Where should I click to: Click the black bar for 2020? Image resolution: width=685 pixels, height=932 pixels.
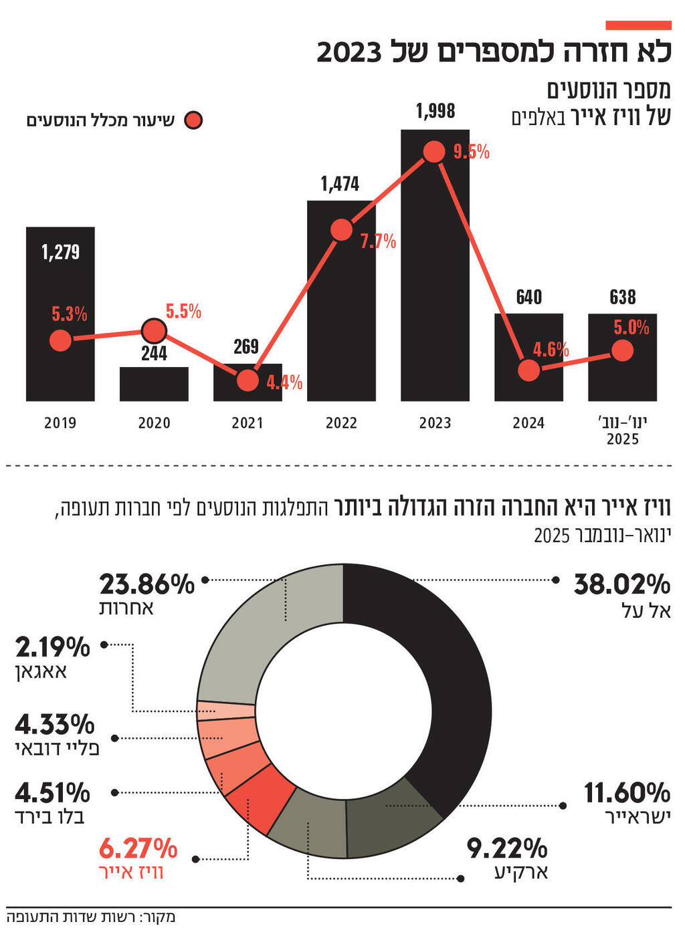(x=154, y=384)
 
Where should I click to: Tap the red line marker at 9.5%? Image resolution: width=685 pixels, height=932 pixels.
(x=433, y=152)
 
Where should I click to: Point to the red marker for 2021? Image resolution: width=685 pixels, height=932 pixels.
(x=248, y=380)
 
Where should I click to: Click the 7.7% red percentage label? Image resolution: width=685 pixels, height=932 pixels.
(x=378, y=241)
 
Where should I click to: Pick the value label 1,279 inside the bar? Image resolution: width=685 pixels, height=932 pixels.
(x=60, y=252)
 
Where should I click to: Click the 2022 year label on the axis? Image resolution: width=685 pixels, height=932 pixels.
(x=341, y=423)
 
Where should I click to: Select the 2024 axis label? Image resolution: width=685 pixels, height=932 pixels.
(x=528, y=423)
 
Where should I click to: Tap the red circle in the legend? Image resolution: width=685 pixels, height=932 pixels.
(x=193, y=120)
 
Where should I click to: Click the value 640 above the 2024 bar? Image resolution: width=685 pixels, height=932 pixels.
(x=528, y=298)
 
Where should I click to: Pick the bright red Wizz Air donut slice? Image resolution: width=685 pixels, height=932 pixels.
(x=258, y=797)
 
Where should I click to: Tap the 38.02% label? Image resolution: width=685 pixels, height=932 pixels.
(x=622, y=584)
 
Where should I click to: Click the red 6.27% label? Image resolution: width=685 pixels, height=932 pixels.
(x=138, y=848)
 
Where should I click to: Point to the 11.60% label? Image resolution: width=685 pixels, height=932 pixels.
(x=627, y=793)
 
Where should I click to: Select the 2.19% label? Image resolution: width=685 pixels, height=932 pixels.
(x=52, y=647)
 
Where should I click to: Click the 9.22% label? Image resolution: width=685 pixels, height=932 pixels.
(x=507, y=848)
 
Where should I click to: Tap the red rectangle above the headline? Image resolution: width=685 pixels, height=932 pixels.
(x=638, y=25)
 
